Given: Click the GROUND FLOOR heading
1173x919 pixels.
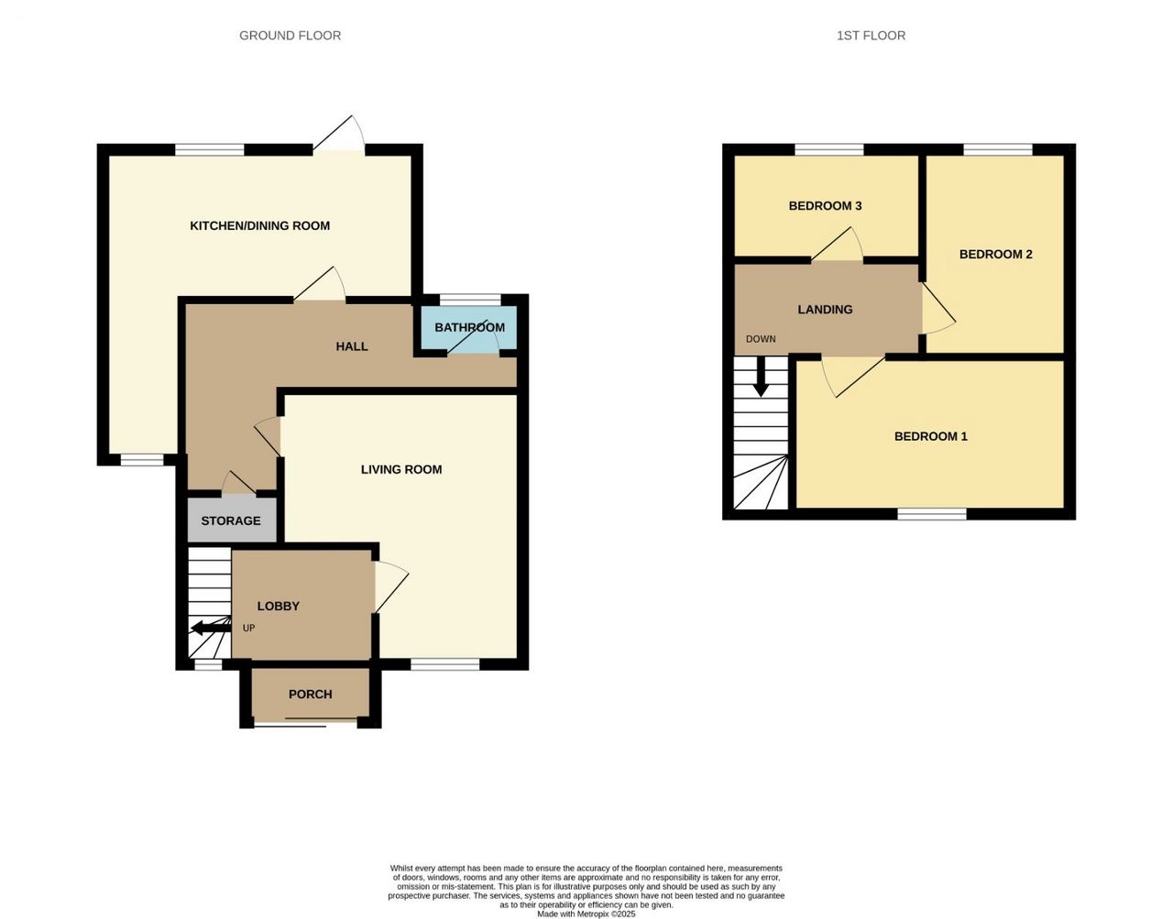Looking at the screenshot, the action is coord(290,36).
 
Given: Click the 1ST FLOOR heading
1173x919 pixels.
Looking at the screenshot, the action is coord(871,36).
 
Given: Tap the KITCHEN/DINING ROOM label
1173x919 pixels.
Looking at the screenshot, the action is coord(259,225).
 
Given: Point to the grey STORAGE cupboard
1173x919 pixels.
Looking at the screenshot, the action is coord(232,520).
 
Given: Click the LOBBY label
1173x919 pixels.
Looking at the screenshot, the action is coord(278,606).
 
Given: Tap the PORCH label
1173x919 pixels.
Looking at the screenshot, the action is coord(311,694).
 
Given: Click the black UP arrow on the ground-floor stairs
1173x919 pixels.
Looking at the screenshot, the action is coord(211,628).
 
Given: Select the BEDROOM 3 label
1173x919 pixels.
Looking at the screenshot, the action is coord(825,205).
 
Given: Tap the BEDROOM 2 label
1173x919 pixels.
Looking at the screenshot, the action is coord(995,254).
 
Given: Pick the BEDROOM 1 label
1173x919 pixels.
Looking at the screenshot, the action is coord(931,436).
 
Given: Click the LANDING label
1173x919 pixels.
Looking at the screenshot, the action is coord(825,309).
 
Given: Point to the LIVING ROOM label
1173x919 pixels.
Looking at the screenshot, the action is coord(401,469).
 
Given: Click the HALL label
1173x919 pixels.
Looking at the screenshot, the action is coord(352,346).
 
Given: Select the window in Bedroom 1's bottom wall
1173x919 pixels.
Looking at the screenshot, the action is coord(932,514).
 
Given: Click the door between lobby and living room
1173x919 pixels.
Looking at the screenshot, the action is coord(389,587).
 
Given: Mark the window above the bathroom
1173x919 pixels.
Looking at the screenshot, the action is coord(470,300).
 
